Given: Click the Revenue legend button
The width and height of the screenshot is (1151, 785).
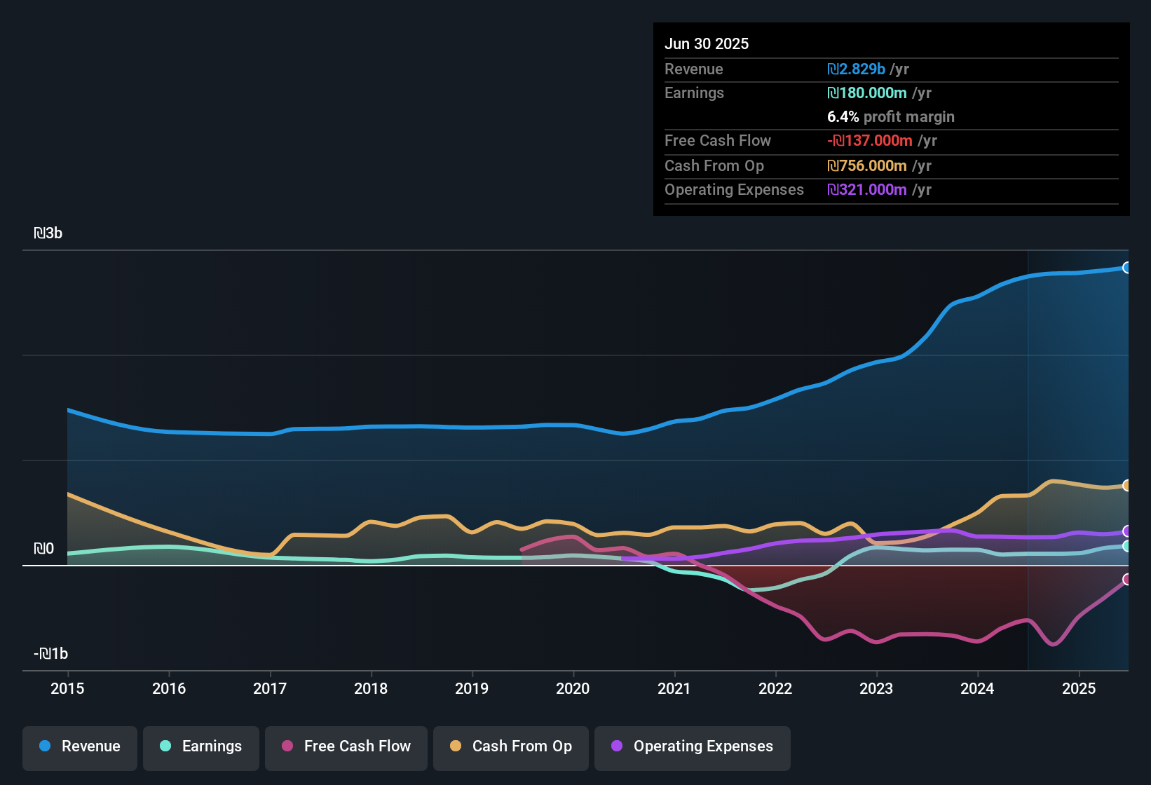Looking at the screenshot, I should click(x=80, y=746).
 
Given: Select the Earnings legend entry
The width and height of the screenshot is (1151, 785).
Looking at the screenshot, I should click(x=201, y=746).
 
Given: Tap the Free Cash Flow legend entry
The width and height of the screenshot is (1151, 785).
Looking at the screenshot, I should click(x=346, y=746).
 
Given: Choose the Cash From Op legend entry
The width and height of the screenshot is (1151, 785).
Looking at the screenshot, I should click(x=511, y=746).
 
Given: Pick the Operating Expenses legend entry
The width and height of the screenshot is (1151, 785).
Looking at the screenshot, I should click(x=693, y=746).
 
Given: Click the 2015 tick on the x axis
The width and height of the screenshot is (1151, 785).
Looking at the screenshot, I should click(x=67, y=688).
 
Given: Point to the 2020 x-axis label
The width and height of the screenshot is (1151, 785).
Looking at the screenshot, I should click(x=573, y=688).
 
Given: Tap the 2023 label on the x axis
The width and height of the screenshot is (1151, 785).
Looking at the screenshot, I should click(x=876, y=688).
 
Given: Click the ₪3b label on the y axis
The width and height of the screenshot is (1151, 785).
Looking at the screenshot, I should click(x=48, y=233).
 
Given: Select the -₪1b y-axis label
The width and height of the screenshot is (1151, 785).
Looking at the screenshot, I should click(x=51, y=654).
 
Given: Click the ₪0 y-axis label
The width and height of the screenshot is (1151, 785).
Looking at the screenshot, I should click(x=44, y=549).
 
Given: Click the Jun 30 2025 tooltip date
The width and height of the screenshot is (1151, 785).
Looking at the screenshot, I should click(x=707, y=44).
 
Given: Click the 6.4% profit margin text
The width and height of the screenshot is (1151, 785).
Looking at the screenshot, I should click(x=891, y=117).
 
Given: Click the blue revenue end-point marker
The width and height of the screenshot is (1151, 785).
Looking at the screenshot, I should click(x=1126, y=268).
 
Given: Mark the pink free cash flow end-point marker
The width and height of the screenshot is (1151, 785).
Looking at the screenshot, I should click(x=1126, y=580).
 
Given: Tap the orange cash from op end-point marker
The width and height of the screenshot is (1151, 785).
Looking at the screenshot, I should click(x=1126, y=486).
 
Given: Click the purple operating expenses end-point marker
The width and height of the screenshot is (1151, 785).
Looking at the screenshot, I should click(x=1126, y=531).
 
